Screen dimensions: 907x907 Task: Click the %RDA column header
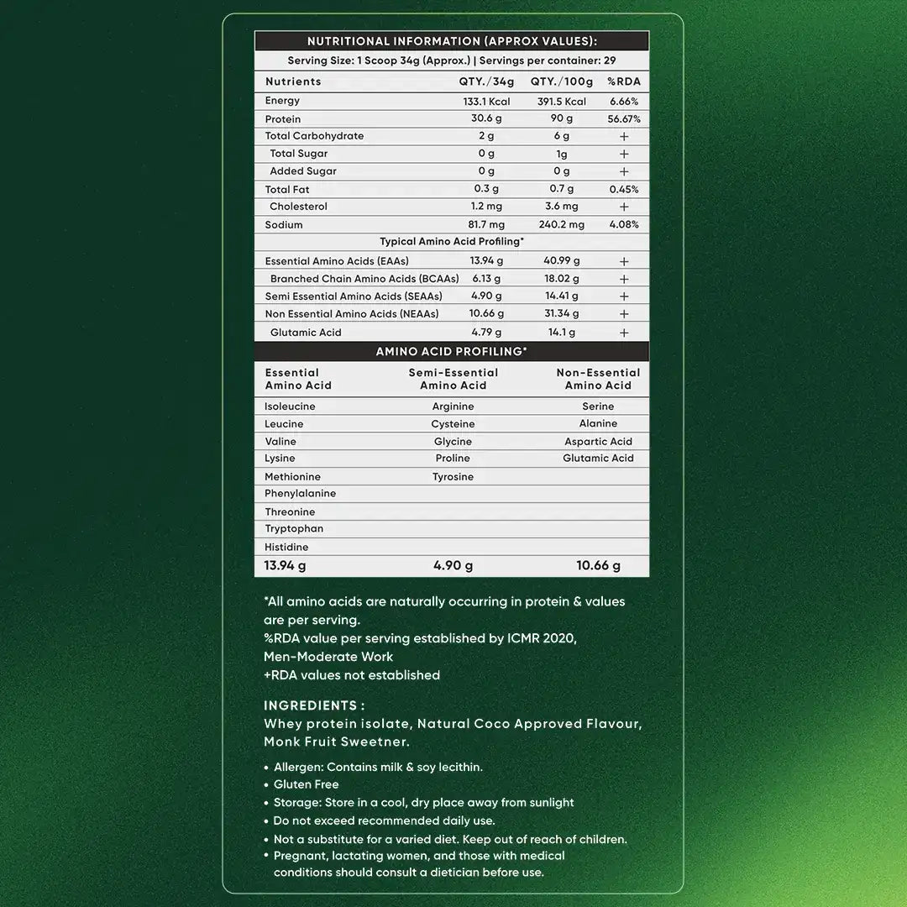(x=624, y=81)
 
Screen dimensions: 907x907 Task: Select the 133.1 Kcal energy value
(x=486, y=102)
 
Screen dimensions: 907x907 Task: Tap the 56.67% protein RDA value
(x=624, y=119)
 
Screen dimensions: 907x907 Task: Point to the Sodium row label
(x=284, y=225)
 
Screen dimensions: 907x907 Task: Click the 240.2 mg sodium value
(x=561, y=225)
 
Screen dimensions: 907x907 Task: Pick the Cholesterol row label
(x=298, y=207)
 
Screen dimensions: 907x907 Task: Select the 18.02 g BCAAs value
(x=561, y=279)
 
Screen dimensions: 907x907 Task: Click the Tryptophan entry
(x=294, y=529)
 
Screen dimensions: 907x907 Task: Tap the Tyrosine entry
(x=453, y=477)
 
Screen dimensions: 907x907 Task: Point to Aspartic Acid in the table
(x=598, y=442)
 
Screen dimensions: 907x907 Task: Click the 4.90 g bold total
(x=453, y=566)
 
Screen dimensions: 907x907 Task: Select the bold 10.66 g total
(x=598, y=566)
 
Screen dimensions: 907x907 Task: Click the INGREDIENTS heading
(x=314, y=706)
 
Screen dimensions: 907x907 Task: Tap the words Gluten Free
(x=307, y=784)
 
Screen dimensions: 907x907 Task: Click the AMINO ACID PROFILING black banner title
(x=452, y=352)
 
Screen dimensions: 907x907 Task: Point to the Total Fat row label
(x=287, y=190)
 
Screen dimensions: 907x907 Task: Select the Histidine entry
(x=286, y=548)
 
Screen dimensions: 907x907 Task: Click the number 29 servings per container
(x=610, y=61)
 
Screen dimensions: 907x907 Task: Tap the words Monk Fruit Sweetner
(x=337, y=742)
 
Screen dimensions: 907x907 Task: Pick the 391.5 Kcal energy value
(x=561, y=102)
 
